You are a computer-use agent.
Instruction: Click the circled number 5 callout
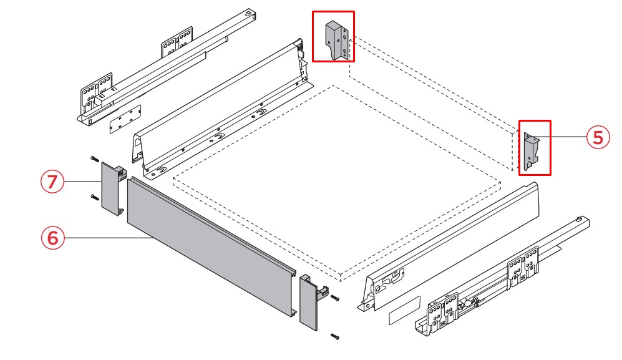(598, 137)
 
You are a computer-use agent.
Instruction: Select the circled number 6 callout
(52, 238)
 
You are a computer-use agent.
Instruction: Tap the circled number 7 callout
(52, 182)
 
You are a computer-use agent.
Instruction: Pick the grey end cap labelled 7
(112, 188)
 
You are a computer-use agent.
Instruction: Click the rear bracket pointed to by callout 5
(532, 152)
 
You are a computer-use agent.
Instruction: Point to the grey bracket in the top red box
(336, 41)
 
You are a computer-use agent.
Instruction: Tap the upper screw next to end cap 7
(94, 159)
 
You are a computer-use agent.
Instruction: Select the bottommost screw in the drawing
(335, 337)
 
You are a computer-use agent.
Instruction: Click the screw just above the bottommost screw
(335, 298)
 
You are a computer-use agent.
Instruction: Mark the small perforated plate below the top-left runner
(125, 119)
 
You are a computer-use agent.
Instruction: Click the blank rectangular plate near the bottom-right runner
(404, 310)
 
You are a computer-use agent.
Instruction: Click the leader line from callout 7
(82, 182)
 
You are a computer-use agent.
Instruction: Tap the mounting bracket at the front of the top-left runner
(95, 93)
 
